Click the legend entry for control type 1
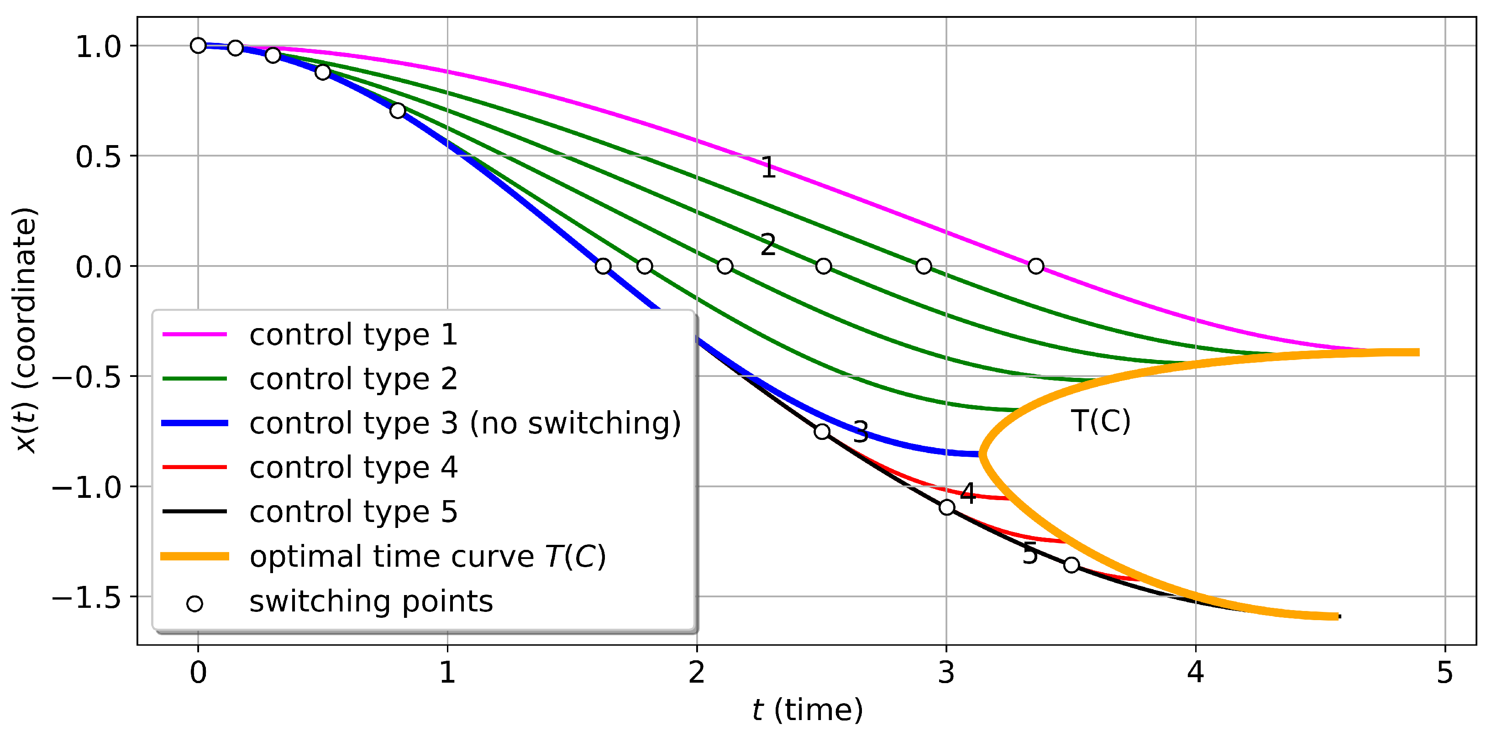353,334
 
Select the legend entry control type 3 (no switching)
465,423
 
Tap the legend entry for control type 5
353,512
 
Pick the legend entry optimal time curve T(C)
427,556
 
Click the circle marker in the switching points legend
195,603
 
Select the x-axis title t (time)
807,710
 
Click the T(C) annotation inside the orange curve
1100,421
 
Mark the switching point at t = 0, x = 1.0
198,46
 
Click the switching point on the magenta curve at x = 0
1035,266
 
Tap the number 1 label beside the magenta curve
768,168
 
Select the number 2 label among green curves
768,245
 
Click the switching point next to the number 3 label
822,431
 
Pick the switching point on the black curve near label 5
1071,565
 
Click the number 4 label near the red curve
967,494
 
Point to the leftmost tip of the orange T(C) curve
982,454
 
